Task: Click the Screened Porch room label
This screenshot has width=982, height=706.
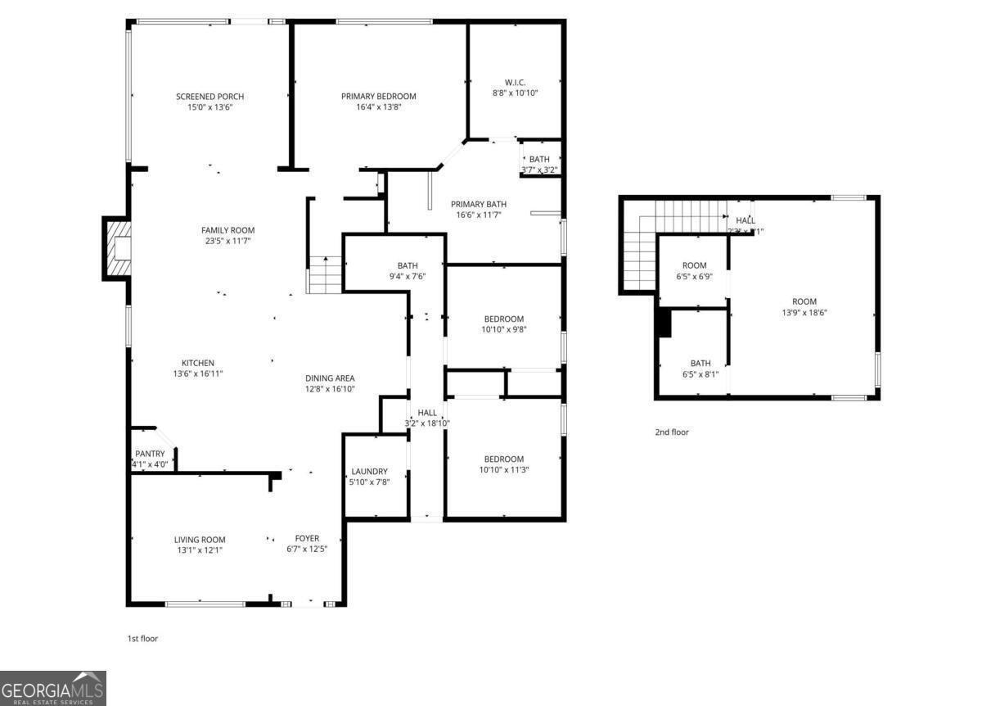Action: [x=209, y=97]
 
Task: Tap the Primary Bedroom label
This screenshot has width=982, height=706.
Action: [x=378, y=97]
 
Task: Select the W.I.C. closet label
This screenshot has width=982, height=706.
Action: [x=515, y=82]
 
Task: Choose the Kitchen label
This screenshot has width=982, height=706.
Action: [x=198, y=363]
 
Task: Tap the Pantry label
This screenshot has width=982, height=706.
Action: [x=150, y=454]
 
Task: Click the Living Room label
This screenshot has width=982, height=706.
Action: [x=200, y=540]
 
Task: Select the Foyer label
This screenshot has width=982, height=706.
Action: [x=307, y=538]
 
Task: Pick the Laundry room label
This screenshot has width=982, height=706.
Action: [x=369, y=471]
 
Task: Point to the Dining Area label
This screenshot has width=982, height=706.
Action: [x=330, y=378]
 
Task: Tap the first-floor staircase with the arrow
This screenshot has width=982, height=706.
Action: [x=325, y=274]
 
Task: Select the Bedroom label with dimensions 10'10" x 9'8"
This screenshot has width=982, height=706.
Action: [x=503, y=319]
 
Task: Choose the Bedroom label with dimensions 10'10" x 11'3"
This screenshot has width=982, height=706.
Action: [x=503, y=459]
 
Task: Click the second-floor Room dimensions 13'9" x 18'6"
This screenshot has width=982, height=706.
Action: [x=804, y=312]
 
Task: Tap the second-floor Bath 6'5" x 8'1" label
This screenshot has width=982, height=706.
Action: [x=700, y=364]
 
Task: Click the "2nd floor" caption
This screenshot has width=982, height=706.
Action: [x=671, y=432]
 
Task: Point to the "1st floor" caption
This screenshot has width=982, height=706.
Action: [x=142, y=638]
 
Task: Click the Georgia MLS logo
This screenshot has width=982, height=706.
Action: [x=53, y=688]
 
